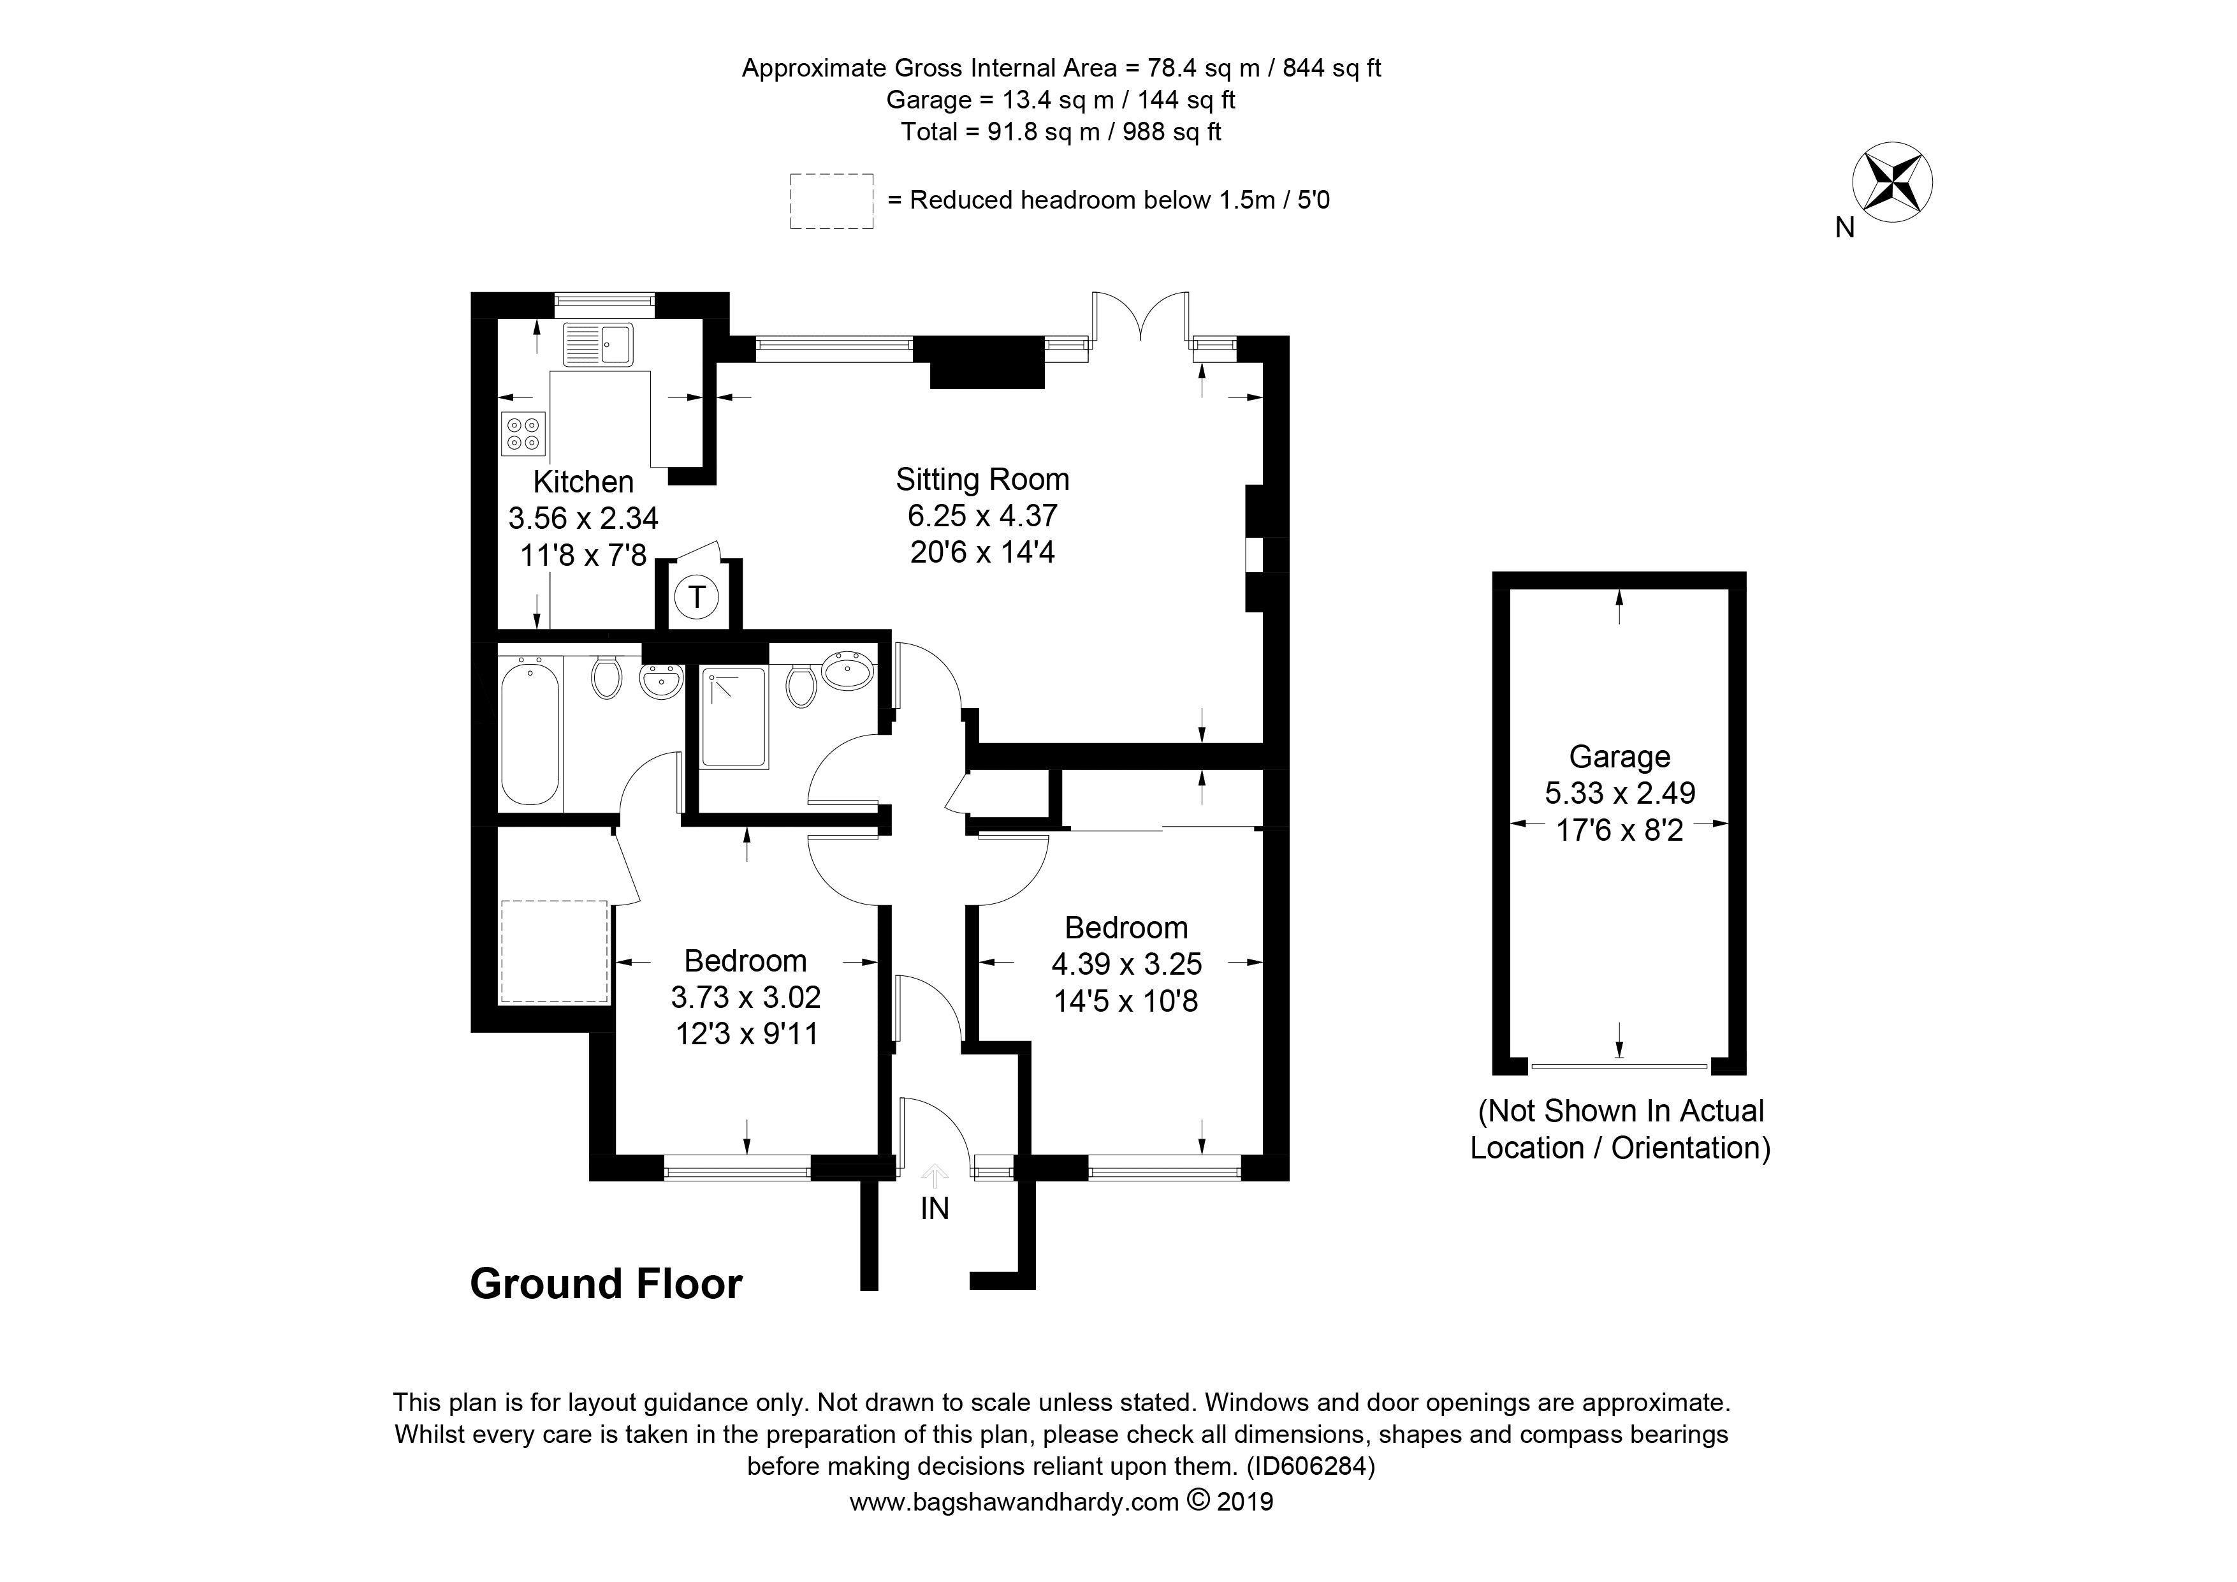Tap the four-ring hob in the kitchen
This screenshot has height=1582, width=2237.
[523, 434]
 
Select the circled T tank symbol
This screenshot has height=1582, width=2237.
[697, 596]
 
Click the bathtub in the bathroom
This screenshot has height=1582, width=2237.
[530, 731]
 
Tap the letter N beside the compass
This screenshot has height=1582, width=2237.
[1844, 228]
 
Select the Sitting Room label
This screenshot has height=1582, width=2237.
[982, 480]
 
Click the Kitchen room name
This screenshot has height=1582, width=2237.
[583, 482]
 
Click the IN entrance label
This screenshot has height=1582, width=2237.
[935, 1209]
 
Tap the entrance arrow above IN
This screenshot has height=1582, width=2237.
[935, 1176]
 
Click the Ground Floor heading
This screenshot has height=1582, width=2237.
[606, 1285]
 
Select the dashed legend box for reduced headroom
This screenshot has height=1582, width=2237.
[831, 202]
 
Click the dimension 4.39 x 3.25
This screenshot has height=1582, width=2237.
[1126, 964]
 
